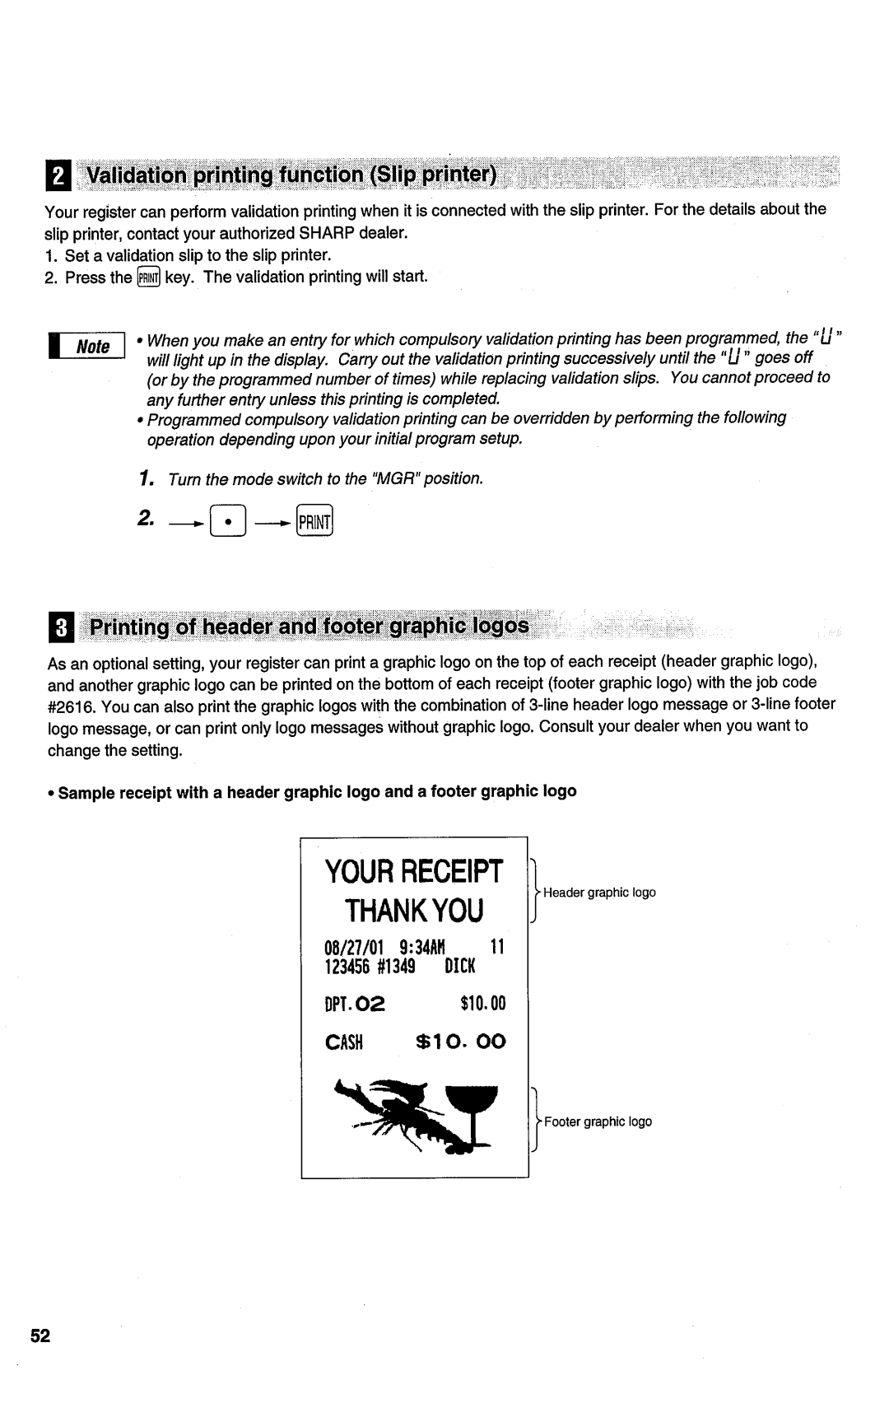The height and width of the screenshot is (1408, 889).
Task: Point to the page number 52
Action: (41, 1336)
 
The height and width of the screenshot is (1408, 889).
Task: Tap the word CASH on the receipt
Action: (344, 1042)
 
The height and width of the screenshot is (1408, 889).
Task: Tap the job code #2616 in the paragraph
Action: (69, 705)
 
